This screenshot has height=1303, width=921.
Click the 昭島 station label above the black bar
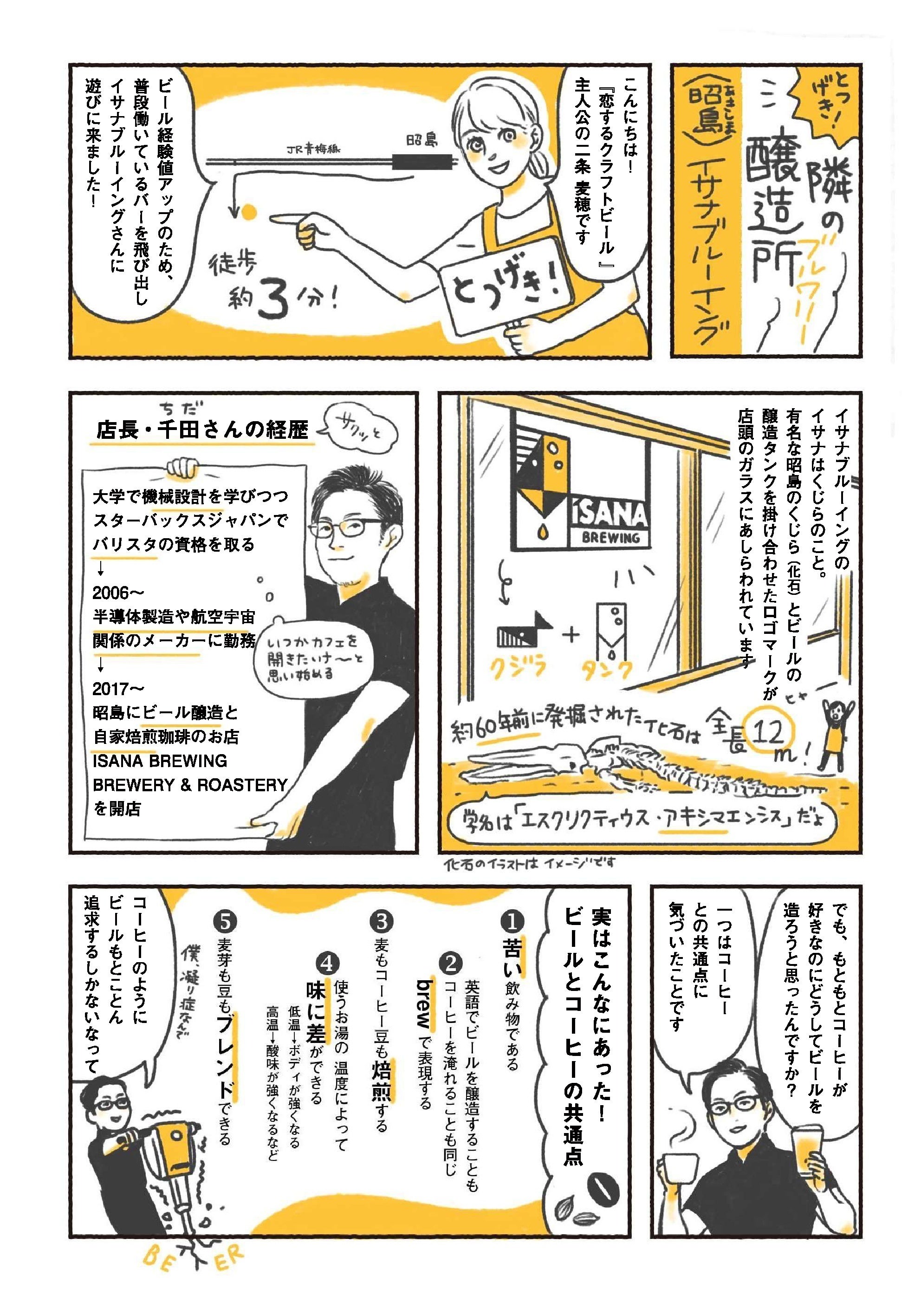pyautogui.click(x=422, y=141)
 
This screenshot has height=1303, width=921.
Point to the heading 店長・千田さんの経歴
pyautogui.click(x=203, y=430)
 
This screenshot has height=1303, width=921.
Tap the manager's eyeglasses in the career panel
pyautogui.click(x=352, y=530)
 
